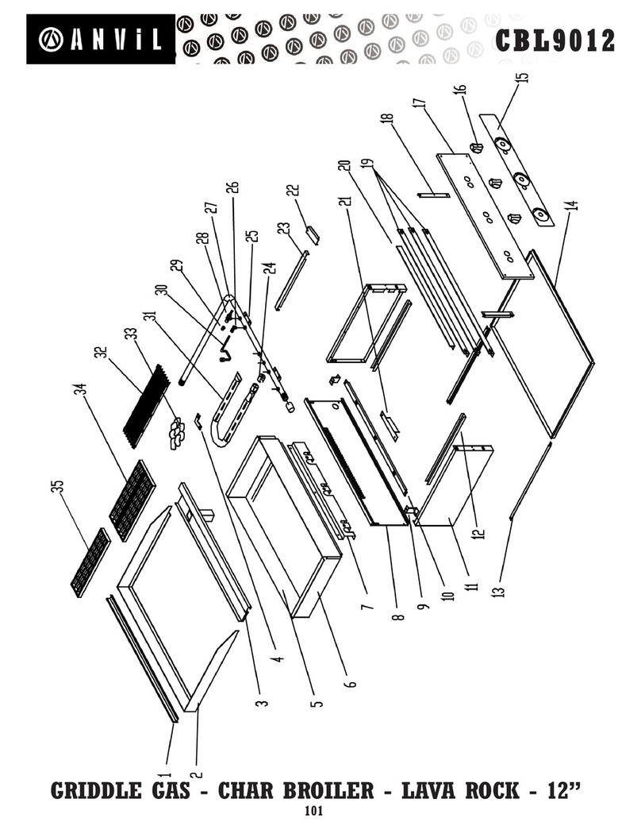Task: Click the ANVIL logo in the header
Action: (x=100, y=38)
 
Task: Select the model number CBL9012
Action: (x=555, y=40)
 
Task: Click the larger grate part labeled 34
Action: (x=131, y=500)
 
